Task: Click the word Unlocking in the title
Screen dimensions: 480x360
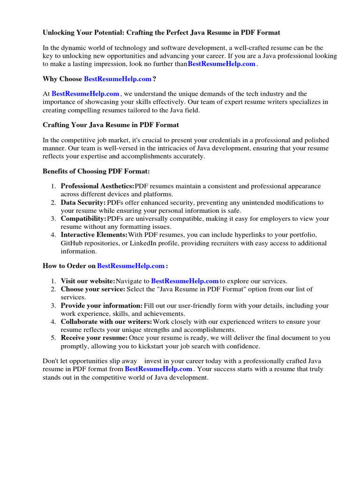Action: coord(60,33)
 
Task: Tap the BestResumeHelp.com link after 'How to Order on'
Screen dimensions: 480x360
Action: coord(131,266)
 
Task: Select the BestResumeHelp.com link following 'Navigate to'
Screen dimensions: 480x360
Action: coord(185,281)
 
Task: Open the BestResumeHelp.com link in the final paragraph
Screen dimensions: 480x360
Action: coord(158,369)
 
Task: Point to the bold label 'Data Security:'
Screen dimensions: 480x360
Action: coord(83,202)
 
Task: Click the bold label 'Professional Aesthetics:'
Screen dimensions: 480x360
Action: coord(97,187)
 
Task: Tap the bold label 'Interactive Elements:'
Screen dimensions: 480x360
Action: coord(94,234)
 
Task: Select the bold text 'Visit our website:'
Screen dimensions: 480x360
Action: coord(88,281)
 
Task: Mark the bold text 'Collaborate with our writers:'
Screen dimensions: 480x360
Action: coord(106,322)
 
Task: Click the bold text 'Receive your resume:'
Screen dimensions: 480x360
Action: coord(94,338)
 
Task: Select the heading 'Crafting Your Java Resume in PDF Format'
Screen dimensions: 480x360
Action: coord(111,125)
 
